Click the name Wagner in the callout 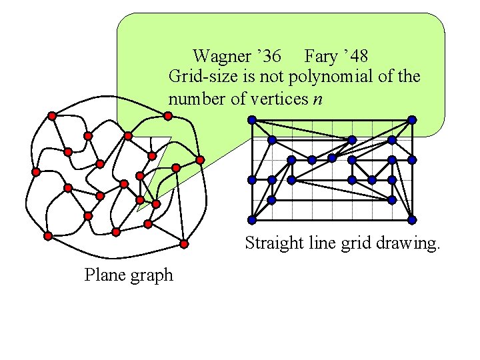221,56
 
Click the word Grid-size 198,77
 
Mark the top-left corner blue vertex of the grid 252,120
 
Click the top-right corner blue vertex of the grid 412,120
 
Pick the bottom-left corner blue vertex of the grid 252,220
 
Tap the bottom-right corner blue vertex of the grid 412,220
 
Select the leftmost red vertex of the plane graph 36,171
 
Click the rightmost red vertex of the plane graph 200,160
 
